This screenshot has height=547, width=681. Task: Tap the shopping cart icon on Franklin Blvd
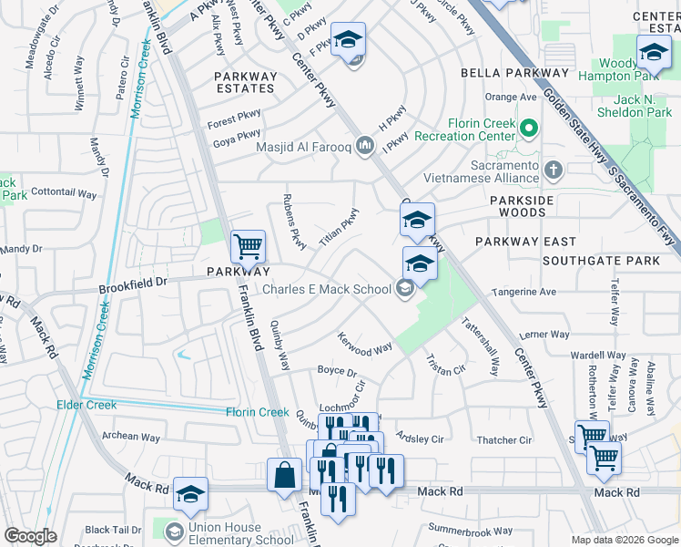tap(248, 246)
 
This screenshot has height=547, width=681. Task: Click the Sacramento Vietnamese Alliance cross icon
tap(552, 169)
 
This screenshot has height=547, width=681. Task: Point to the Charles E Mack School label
tap(328, 290)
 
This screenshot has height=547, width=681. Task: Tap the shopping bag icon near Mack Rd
tap(285, 475)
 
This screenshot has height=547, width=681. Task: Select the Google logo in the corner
tap(30, 536)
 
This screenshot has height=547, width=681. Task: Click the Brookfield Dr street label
tap(133, 284)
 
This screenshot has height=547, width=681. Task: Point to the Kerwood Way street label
tap(365, 347)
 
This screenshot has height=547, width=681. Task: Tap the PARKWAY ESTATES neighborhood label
tap(245, 82)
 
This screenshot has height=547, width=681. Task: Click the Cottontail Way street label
tap(64, 193)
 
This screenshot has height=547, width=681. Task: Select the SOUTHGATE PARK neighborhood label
tap(601, 261)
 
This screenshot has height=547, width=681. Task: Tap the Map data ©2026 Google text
tap(624, 540)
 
